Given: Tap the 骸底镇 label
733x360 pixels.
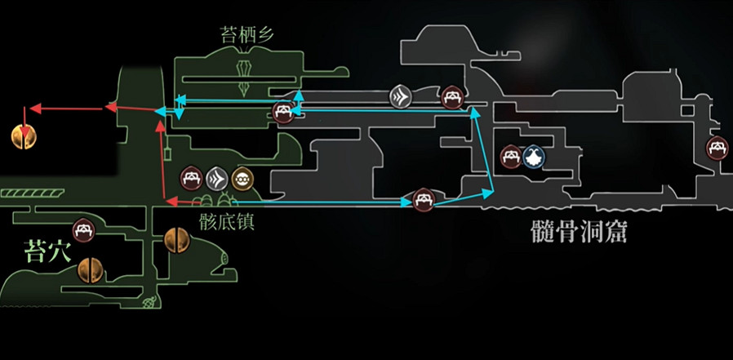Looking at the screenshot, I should [x=227, y=221].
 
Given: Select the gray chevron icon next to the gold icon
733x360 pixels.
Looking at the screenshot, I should [x=216, y=177].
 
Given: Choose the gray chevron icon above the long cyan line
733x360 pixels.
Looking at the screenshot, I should [x=401, y=97].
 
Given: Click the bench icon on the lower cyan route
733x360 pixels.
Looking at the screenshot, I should [x=422, y=199].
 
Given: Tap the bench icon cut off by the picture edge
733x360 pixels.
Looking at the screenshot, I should [x=720, y=148].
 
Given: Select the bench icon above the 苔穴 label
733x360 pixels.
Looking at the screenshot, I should [x=84, y=231].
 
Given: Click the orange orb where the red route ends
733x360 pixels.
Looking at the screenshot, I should [x=24, y=137].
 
